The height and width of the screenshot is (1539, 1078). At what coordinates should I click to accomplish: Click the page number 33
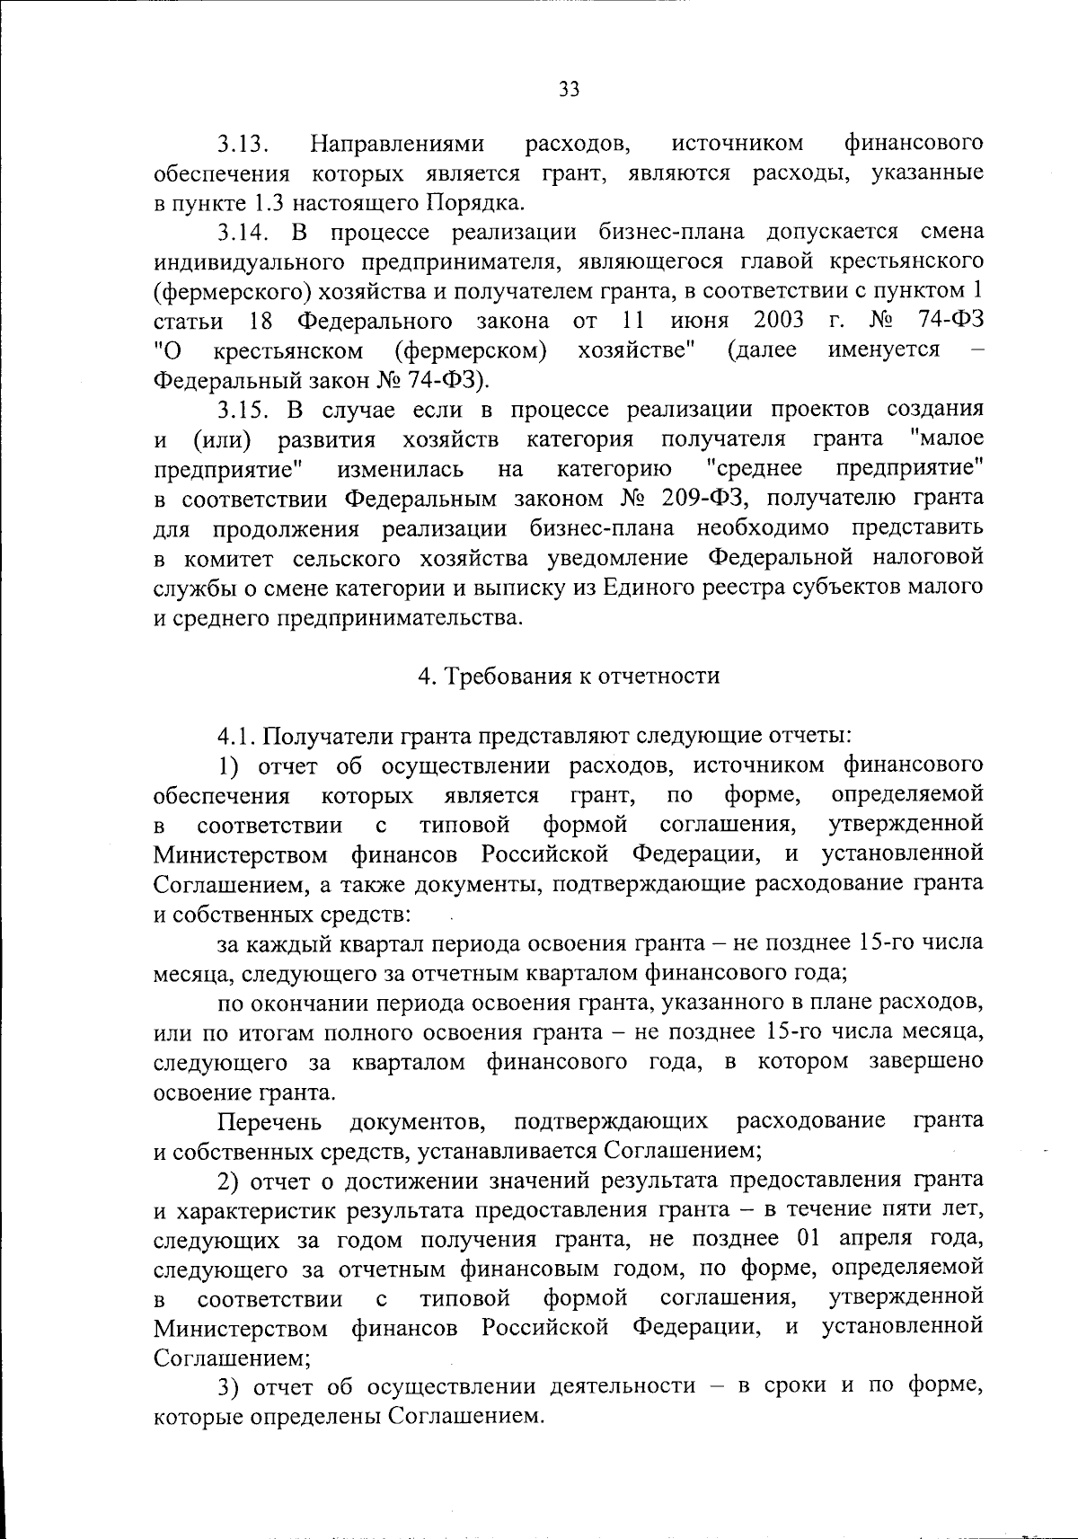click(x=570, y=88)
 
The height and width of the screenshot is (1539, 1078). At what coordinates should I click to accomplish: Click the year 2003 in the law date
click(x=779, y=321)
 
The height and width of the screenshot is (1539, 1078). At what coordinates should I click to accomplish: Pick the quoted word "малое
click(x=946, y=439)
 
